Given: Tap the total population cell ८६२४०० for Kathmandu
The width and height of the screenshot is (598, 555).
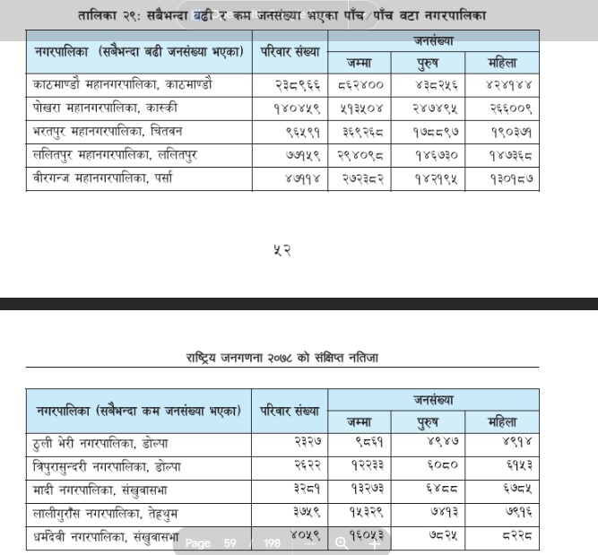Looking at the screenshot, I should pyautogui.click(x=361, y=85).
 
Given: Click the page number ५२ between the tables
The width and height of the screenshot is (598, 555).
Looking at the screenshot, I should pyautogui.click(x=282, y=249).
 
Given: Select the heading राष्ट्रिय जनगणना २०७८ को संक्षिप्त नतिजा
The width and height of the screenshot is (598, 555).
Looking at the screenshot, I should pyautogui.click(x=282, y=358).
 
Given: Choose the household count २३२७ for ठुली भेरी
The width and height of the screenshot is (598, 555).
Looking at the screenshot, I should pyautogui.click(x=303, y=443).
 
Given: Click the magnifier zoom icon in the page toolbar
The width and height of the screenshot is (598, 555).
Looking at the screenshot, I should pyautogui.click(x=342, y=542).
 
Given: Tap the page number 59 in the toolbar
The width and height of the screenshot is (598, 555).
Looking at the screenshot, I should pyautogui.click(x=230, y=542).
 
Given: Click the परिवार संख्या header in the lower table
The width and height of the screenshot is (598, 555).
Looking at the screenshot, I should pyautogui.click(x=289, y=411).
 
